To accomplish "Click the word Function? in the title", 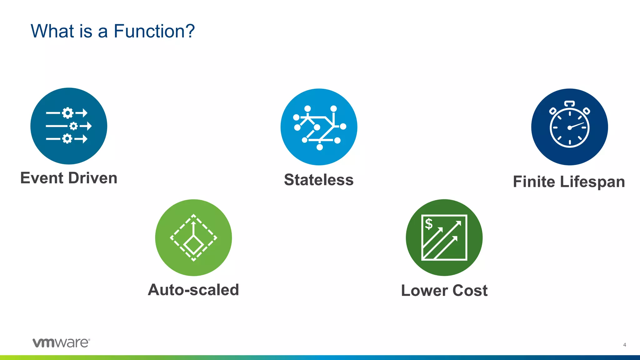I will click(x=154, y=31).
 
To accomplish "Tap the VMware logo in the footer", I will click(x=61, y=342).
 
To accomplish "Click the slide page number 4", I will click(x=624, y=345).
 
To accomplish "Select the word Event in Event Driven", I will click(x=42, y=178).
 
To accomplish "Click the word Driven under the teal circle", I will click(x=93, y=178).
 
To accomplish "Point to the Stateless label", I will click(x=319, y=180).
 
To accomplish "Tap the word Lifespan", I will click(x=592, y=182).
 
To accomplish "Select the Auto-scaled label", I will click(x=193, y=290).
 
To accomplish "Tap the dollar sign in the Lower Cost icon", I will click(x=429, y=224).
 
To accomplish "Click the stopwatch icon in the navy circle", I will click(x=569, y=127).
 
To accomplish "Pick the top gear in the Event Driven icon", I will click(x=67, y=113).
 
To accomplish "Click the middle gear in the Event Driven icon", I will click(x=73, y=126).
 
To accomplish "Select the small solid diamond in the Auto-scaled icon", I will click(x=193, y=244).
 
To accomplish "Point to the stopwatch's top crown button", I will click(x=569, y=103).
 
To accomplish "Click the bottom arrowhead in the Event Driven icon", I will click(x=85, y=138).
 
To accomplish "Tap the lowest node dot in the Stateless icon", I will click(x=319, y=147).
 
